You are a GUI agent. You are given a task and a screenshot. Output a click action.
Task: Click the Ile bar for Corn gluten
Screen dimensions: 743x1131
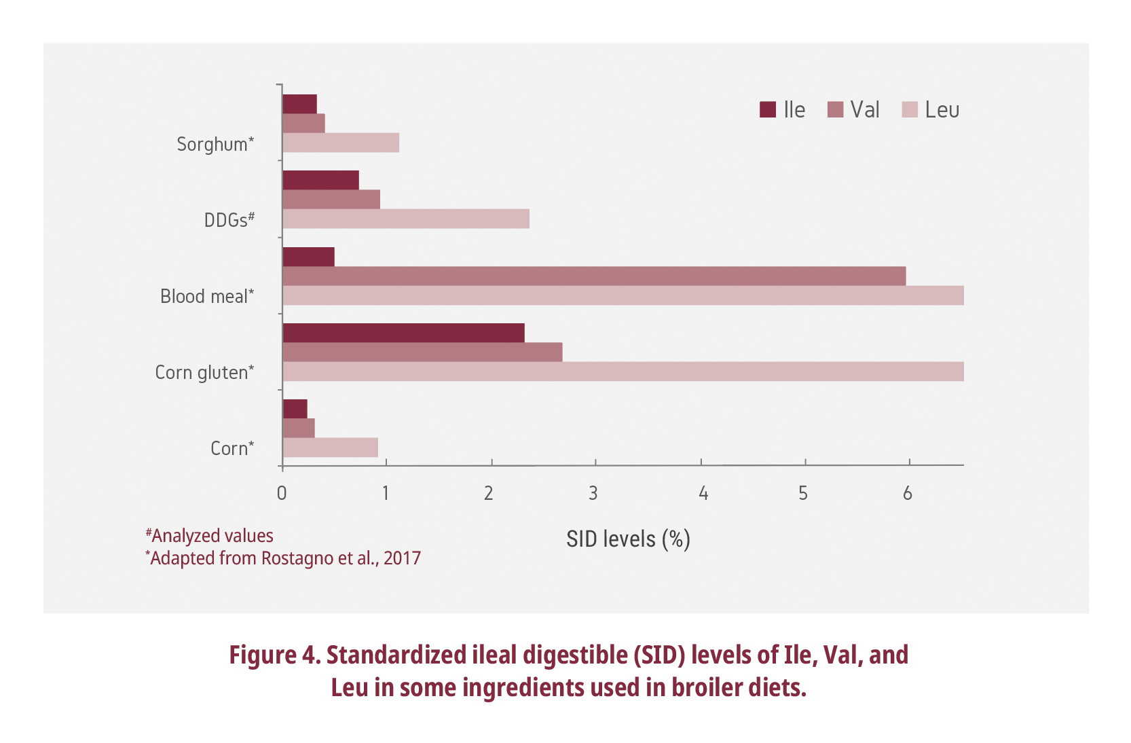(x=403, y=333)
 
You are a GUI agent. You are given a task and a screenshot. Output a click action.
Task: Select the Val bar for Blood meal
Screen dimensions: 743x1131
(x=594, y=276)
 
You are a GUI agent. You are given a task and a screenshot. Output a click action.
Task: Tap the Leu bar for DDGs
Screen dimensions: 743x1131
(x=406, y=219)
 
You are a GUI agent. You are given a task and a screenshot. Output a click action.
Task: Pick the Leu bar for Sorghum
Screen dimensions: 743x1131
(x=341, y=143)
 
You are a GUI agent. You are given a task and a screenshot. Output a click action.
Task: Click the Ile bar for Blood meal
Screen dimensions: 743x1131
(x=308, y=257)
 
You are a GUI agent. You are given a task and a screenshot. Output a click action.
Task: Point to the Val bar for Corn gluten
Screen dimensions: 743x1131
(x=422, y=352)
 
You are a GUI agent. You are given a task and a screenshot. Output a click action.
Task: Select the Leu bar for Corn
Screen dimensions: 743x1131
(x=330, y=448)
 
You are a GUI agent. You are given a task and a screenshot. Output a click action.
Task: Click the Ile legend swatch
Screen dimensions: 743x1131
(x=767, y=109)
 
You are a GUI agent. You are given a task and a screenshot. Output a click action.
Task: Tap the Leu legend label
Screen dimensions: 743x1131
(x=942, y=109)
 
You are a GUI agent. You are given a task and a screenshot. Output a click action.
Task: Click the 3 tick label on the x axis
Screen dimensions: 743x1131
(x=593, y=493)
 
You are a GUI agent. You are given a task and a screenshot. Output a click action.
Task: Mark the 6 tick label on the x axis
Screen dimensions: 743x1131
(x=908, y=493)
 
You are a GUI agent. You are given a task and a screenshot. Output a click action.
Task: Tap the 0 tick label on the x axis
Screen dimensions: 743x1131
(x=282, y=493)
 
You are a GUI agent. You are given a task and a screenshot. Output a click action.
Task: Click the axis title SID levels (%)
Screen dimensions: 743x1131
(x=628, y=539)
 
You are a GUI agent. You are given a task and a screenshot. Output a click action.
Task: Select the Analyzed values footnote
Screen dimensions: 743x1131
(x=210, y=536)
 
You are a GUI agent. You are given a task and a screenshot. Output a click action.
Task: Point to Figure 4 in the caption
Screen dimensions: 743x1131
(x=274, y=655)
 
